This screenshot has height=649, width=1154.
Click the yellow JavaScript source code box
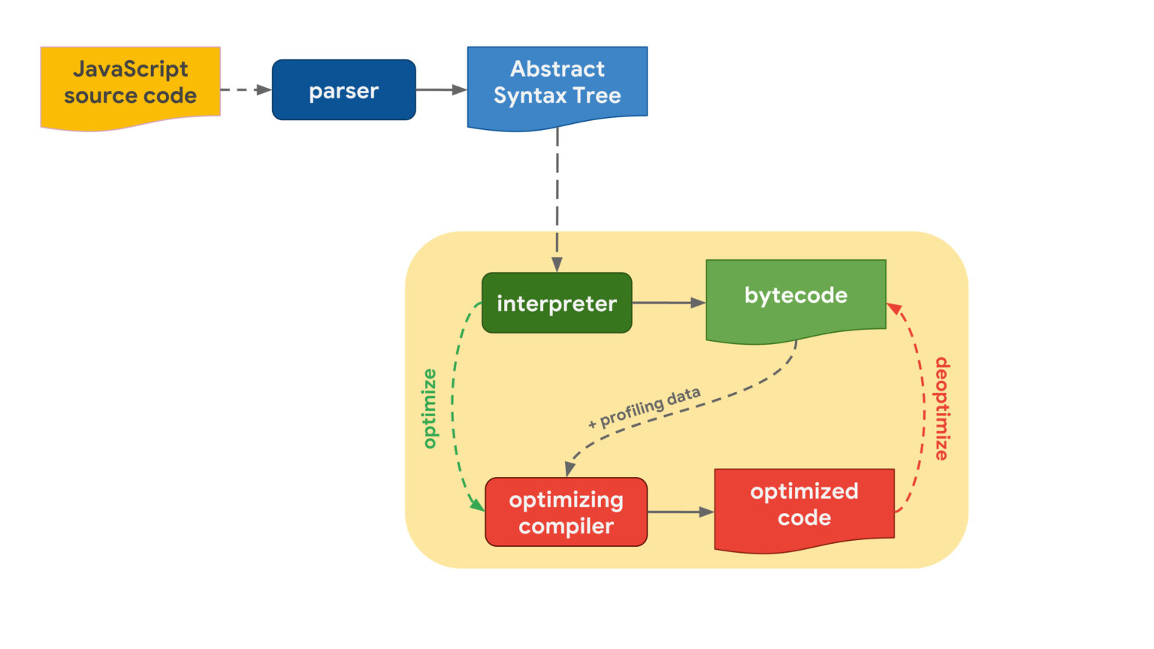point(130,85)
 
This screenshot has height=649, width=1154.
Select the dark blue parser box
point(343,90)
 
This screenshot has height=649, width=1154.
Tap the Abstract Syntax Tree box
point(557,83)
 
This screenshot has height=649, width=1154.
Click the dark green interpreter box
point(556,303)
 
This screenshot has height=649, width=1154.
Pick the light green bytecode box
point(796,297)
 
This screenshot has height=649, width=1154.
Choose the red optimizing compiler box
point(566,512)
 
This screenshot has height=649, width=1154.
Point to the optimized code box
point(804,505)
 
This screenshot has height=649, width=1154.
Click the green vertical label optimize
point(430,409)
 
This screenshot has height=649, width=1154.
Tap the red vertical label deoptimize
point(941,409)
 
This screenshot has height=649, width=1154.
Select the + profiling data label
point(645,409)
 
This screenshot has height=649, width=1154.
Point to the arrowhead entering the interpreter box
point(557,264)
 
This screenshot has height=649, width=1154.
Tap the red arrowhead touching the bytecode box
point(894,309)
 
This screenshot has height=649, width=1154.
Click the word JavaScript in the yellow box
point(130,69)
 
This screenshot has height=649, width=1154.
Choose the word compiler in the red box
point(566,526)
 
